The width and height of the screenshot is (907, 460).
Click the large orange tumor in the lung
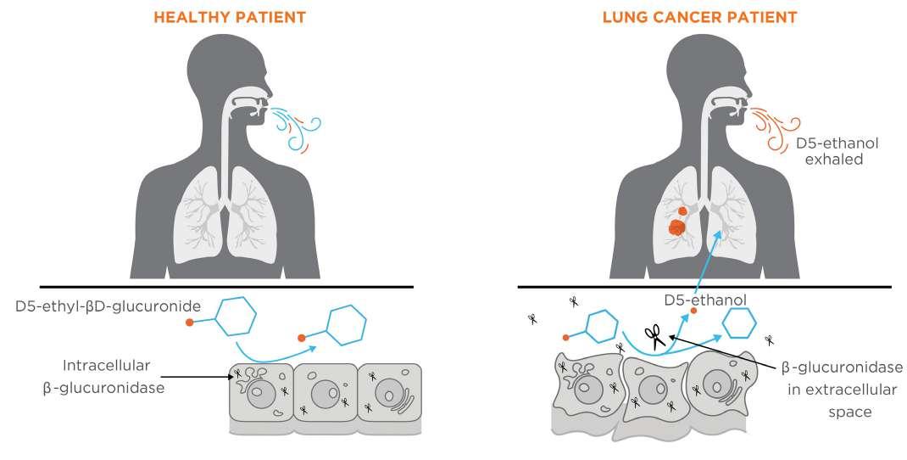click(677, 227)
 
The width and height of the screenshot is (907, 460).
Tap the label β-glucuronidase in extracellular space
click(841, 390)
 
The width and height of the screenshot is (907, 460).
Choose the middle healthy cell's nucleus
click(325, 394)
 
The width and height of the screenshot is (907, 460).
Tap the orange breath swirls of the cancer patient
click(771, 129)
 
